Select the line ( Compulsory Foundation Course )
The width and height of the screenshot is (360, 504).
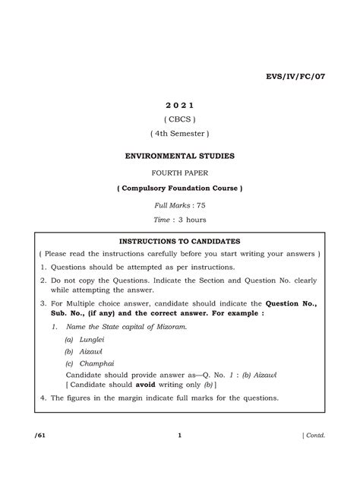click(x=179, y=189)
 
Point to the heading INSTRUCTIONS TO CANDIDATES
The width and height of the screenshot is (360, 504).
click(x=179, y=239)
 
